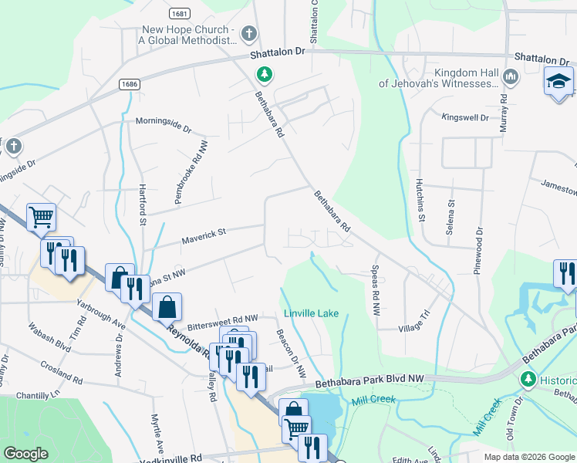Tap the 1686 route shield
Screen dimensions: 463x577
(130, 83)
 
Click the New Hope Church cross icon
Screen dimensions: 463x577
(248, 34)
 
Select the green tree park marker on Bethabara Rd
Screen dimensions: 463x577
(265, 74)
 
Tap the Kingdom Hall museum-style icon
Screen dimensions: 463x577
(511, 76)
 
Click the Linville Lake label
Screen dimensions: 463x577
(310, 313)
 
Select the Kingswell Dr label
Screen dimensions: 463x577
(465, 118)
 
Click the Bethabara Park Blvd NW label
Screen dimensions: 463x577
(369, 381)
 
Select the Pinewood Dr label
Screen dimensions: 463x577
(478, 252)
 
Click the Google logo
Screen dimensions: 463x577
(25, 454)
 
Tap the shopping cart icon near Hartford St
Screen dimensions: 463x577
(41, 218)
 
